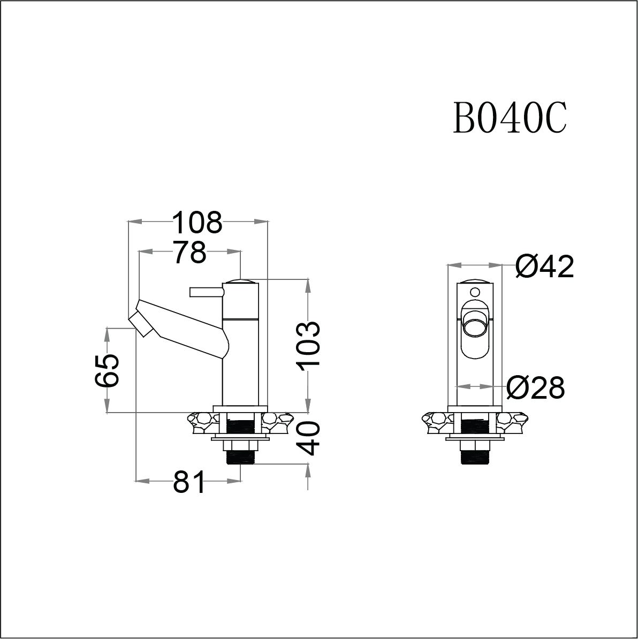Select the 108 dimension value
(x=196, y=223)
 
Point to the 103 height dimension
(x=309, y=346)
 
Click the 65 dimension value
(x=107, y=370)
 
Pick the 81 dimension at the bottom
(x=188, y=483)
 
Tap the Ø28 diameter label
(x=535, y=387)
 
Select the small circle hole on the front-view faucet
(x=474, y=292)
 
